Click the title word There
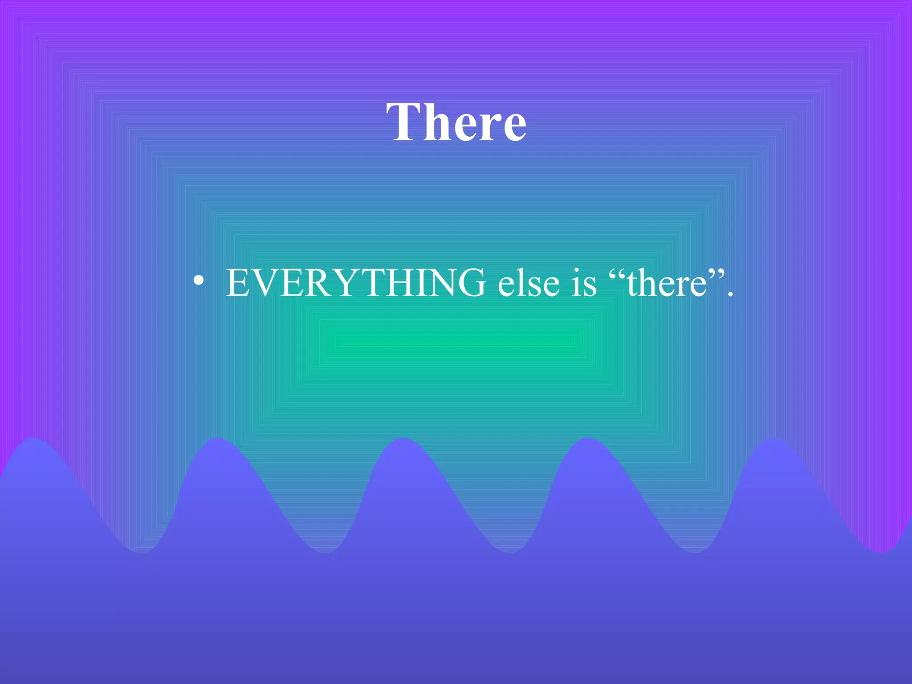click(456, 122)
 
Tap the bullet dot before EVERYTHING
click(199, 281)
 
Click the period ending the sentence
click(730, 294)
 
